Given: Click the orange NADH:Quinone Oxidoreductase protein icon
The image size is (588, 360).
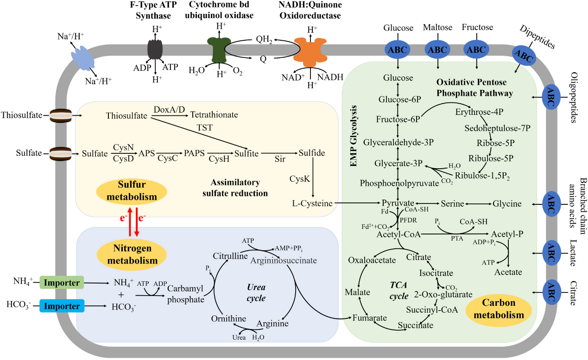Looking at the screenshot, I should (311, 51).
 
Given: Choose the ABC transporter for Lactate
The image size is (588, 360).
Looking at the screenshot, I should (551, 253).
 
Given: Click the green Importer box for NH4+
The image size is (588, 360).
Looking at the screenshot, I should (60, 281).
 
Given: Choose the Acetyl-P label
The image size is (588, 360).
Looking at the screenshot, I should (507, 234).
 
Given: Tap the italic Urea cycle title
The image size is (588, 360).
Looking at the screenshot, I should (256, 293).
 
